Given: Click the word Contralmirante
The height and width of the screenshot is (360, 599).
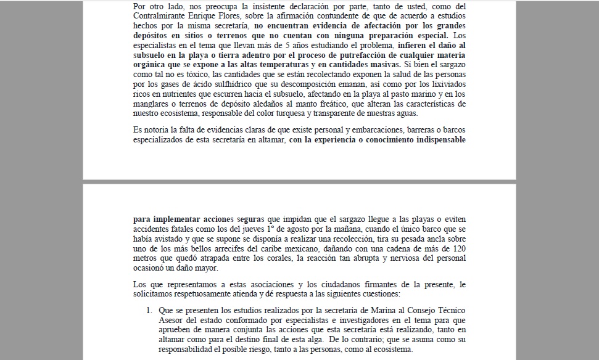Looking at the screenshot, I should tap(162, 16).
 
